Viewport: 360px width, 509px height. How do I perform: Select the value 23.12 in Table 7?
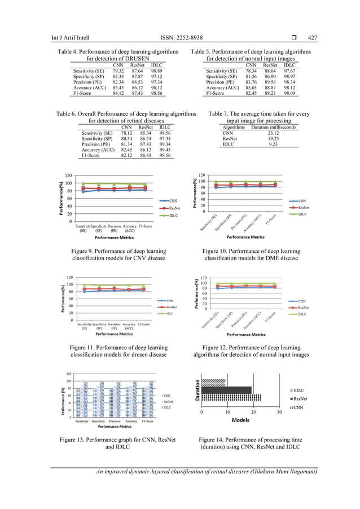tap(273, 133)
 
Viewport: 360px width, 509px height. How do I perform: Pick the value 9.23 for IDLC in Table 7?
tap(273, 144)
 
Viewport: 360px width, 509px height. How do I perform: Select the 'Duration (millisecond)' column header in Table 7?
tap(274, 128)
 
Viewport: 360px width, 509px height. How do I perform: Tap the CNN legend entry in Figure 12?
tap(301, 301)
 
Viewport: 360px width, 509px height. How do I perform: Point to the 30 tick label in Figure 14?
tap(279, 412)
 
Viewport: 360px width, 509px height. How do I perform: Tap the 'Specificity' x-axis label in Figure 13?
tap(98, 421)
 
